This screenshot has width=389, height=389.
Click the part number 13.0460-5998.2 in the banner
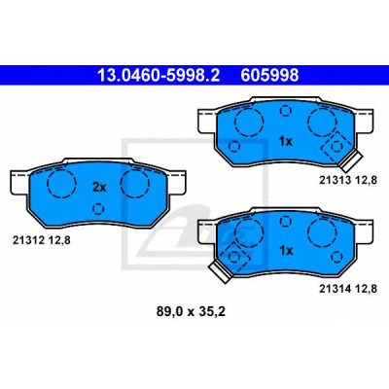(x=159, y=76)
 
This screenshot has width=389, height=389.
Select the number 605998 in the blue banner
(x=269, y=76)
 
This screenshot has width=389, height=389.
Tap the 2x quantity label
(x=99, y=187)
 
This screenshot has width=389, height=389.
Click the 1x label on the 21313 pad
(x=286, y=141)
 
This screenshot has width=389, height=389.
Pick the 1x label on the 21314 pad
(x=286, y=250)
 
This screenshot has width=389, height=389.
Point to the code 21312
(x=28, y=240)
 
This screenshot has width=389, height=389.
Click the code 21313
(x=336, y=180)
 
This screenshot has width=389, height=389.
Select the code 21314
(x=336, y=289)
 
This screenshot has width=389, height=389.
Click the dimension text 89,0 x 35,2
(x=191, y=312)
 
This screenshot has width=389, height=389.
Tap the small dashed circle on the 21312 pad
(x=98, y=209)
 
